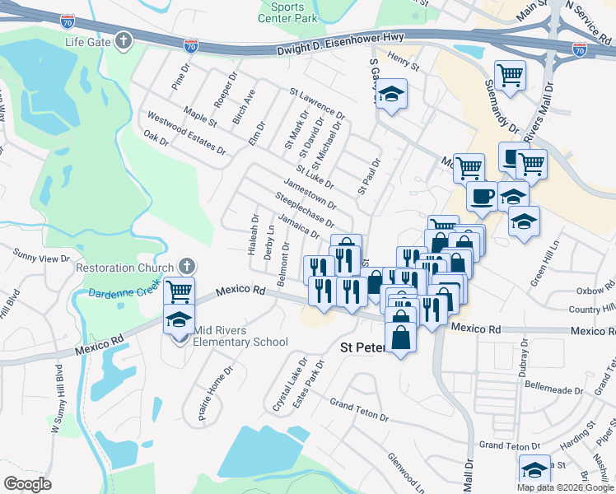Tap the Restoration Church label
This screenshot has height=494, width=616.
tap(125, 268)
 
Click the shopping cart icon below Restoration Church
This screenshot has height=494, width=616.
tap(179, 290)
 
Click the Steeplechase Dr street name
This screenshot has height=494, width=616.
tap(305, 211)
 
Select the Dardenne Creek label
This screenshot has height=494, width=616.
tap(122, 295)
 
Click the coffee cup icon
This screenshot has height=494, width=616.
tap(483, 196)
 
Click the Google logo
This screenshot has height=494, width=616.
tap(27, 484)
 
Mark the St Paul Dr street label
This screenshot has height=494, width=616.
tap(367, 175)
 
